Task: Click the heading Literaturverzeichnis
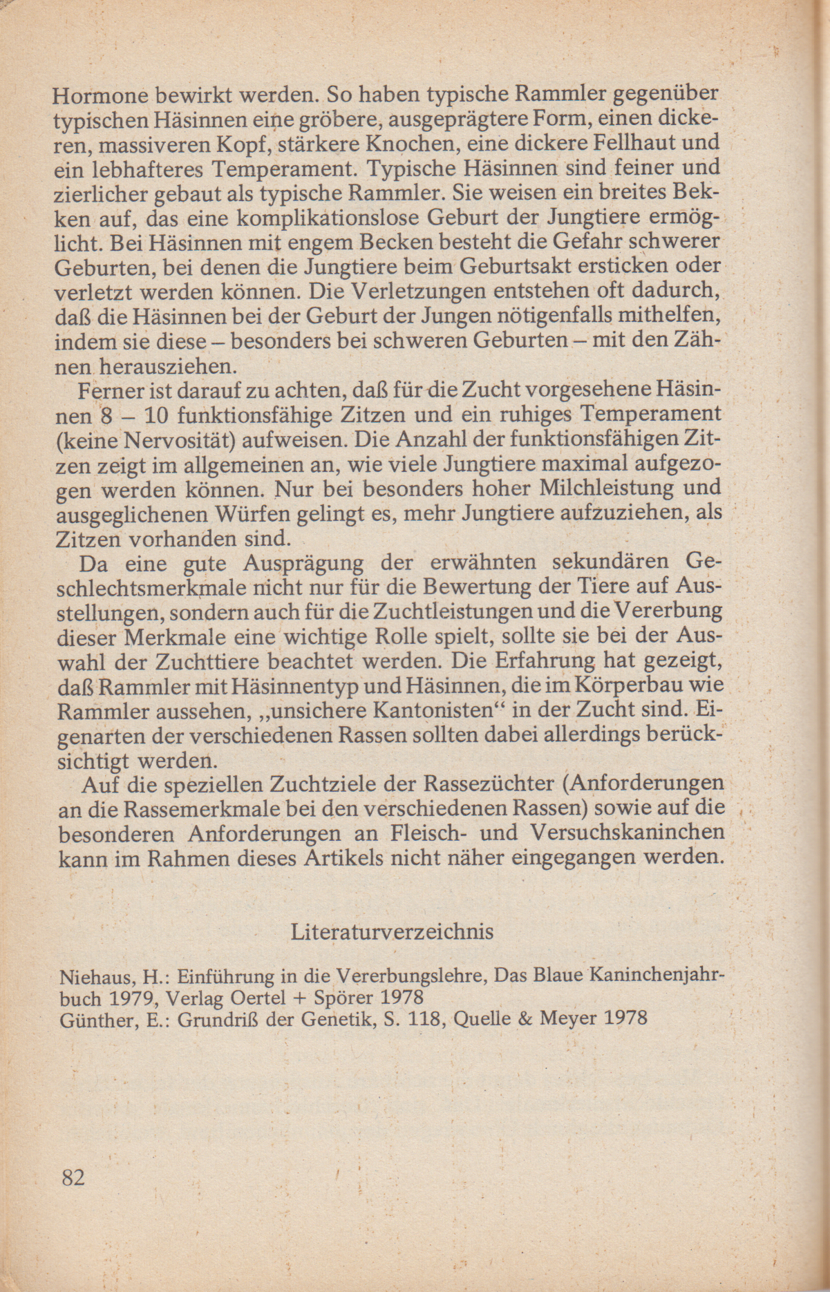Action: click(392, 932)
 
